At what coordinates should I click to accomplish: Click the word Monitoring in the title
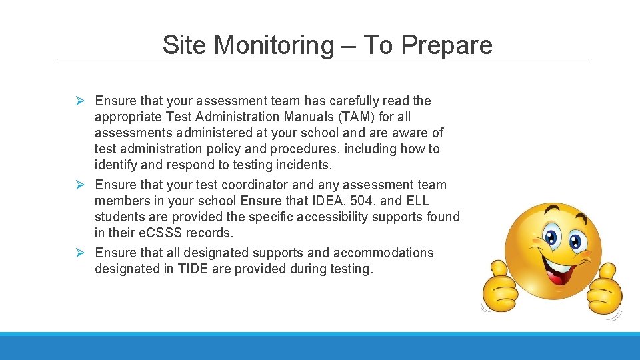(275, 45)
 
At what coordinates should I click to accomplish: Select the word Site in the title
(183, 45)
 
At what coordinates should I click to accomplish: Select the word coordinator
(233, 185)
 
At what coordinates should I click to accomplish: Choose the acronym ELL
(417, 201)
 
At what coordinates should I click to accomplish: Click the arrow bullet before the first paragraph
(79, 101)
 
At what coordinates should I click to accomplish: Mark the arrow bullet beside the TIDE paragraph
(79, 253)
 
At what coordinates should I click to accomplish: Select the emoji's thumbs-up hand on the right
(605, 288)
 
